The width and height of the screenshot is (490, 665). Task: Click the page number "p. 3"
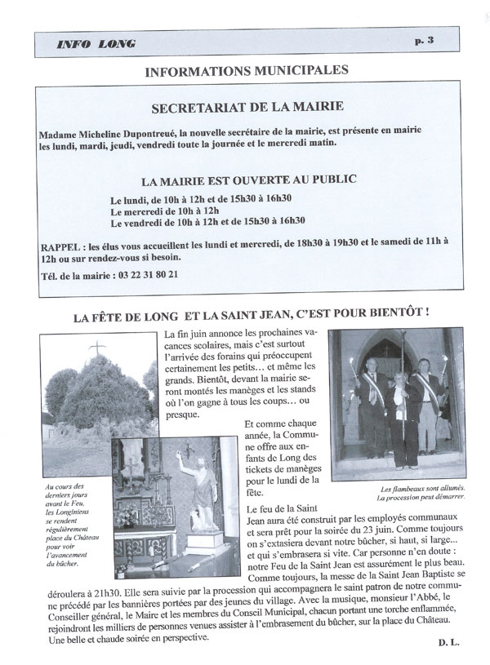[442, 41]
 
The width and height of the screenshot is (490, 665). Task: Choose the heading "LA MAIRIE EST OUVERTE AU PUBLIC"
[248, 178]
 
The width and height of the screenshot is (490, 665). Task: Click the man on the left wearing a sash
[370, 412]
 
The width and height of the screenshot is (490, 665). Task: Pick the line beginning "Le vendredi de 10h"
[208, 220]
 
